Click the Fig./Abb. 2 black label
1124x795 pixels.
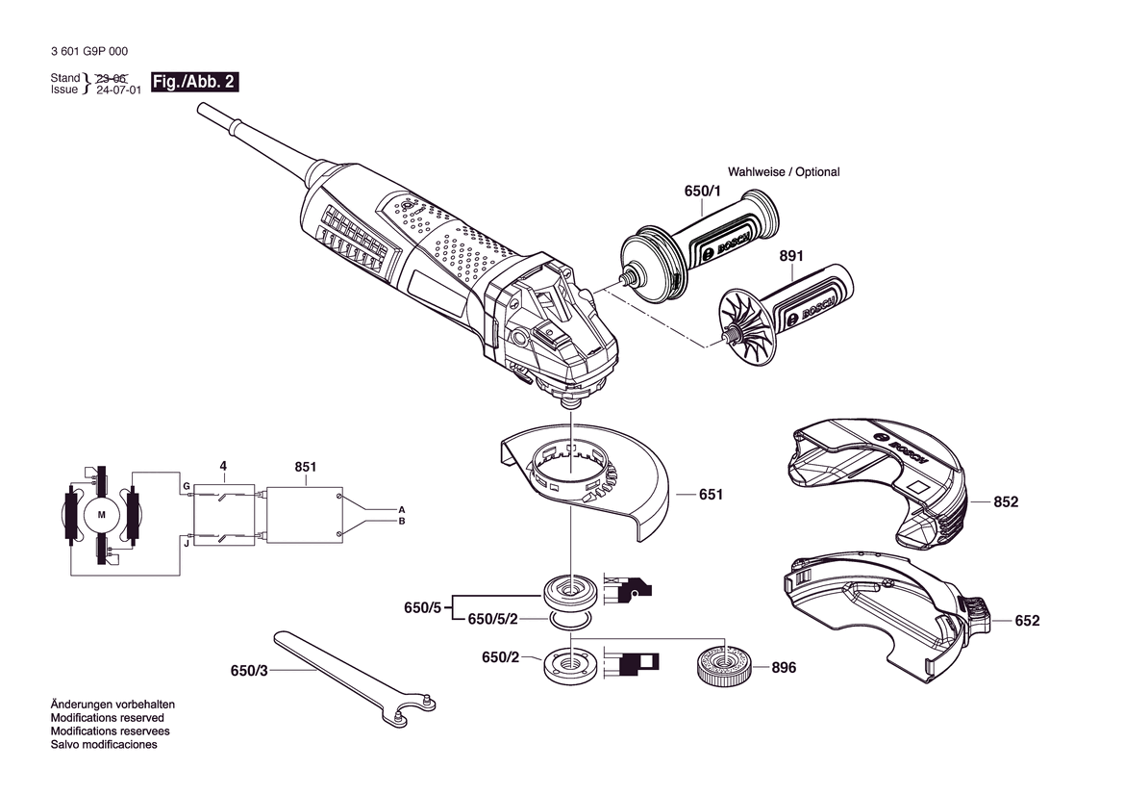coord(194,82)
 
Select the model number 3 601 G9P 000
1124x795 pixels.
coord(89,51)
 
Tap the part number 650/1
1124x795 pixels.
coord(703,191)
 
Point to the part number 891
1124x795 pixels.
coord(791,256)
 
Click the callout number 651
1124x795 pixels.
coord(712,495)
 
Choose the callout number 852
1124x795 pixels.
coord(1006,502)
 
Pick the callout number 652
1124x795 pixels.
coord(1027,621)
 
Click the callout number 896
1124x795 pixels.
coord(784,667)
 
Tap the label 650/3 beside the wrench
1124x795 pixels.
coord(249,671)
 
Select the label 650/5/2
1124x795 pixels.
coord(492,619)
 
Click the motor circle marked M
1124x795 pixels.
coord(101,515)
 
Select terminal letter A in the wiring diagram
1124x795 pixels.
coord(402,509)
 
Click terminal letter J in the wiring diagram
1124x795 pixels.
coord(187,544)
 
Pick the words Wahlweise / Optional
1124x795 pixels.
coord(784,171)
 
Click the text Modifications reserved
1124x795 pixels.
coord(107,717)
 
